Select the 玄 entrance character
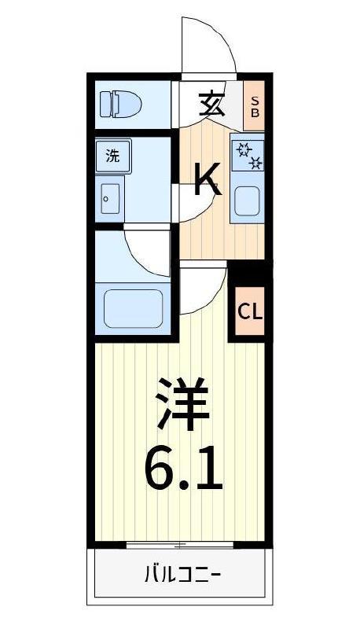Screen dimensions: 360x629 211,104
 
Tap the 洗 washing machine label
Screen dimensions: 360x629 112,156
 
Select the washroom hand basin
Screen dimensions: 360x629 110,199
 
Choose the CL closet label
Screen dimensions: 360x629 250,312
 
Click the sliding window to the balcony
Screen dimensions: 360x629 180,545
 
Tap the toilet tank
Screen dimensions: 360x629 105,105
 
